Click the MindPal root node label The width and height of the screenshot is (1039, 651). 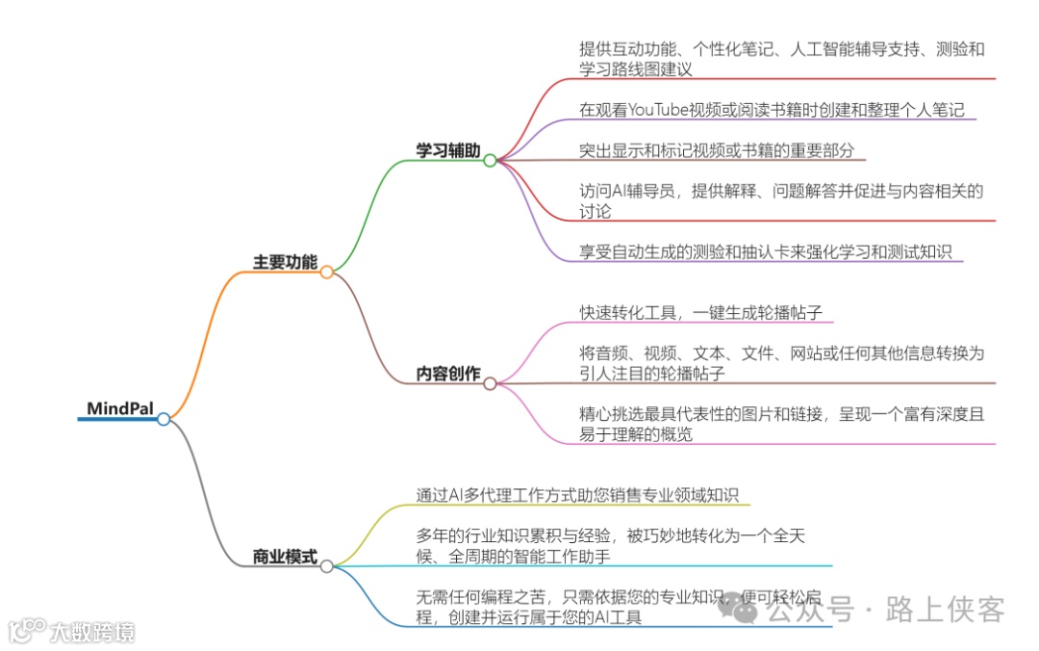(119, 408)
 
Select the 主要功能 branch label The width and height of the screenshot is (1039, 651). (285, 262)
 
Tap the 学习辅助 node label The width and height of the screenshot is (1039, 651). (447, 150)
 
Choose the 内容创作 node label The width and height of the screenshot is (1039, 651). (447, 374)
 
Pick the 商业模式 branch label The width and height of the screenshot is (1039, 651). (285, 556)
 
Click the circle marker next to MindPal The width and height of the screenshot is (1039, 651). (164, 419)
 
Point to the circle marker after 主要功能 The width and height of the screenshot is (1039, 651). (327, 273)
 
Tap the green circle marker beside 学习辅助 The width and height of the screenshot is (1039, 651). (490, 161)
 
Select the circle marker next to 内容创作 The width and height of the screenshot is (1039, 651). (490, 383)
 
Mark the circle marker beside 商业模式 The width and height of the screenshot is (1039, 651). (327, 566)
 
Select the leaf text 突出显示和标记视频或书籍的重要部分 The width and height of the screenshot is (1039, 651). (716, 150)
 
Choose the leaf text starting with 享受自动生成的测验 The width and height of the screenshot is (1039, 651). (765, 252)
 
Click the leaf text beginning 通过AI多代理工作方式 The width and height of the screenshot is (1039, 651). (576, 495)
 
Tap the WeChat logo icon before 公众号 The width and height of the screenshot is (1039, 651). (742, 609)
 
